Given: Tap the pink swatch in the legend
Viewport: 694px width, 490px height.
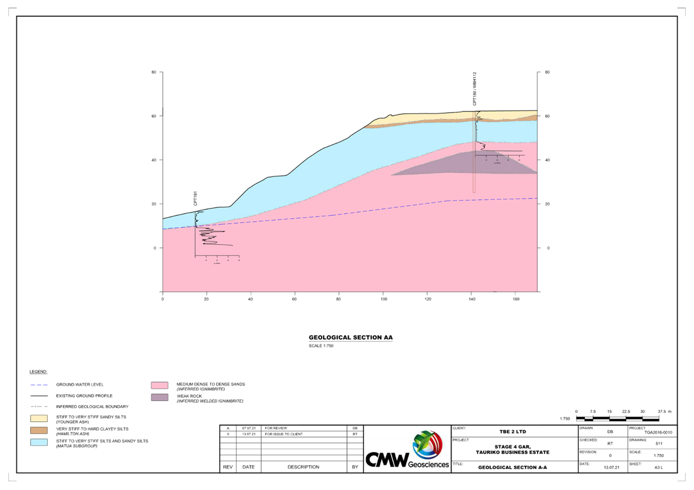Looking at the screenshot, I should pyautogui.click(x=159, y=385).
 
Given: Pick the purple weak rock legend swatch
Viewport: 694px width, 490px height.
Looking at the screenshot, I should pyautogui.click(x=159, y=398).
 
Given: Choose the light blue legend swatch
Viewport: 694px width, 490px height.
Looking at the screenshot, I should pyautogui.click(x=38, y=442).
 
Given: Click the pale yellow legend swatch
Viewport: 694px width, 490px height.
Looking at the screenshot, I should pyautogui.click(x=38, y=418).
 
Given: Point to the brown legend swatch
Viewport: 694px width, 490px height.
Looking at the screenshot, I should pyautogui.click(x=38, y=430).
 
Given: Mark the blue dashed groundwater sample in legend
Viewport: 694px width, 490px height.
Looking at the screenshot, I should pyautogui.click(x=38, y=384).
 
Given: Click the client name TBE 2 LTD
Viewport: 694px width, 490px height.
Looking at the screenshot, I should pyautogui.click(x=513, y=432).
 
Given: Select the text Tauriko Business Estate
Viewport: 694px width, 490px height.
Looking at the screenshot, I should pyautogui.click(x=513, y=452).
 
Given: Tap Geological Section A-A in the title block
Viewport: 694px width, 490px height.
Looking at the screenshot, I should pyautogui.click(x=513, y=467).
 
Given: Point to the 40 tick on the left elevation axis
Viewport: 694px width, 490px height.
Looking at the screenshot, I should pyautogui.click(x=155, y=160).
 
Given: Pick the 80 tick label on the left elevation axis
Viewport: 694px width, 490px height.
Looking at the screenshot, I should pyautogui.click(x=155, y=72).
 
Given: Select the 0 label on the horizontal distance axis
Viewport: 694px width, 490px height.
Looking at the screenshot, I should pyautogui.click(x=163, y=299).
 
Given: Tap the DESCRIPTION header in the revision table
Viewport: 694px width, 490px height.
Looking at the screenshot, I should pyautogui.click(x=303, y=467).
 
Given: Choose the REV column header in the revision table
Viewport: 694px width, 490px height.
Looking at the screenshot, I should pyautogui.click(x=228, y=467).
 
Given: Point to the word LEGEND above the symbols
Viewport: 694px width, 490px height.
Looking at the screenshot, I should pyautogui.click(x=38, y=372).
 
